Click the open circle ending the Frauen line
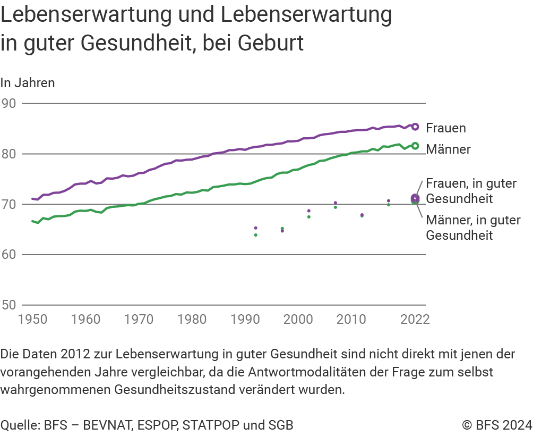click(415, 127)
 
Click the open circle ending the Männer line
click(415, 146)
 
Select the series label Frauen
click(446, 128)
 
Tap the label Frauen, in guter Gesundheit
click(471, 191)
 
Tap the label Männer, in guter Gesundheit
click(473, 228)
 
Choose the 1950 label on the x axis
click(33, 320)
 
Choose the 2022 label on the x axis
click(415, 320)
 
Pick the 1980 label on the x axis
click(192, 320)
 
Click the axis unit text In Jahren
click(28, 83)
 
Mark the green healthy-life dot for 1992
click(256, 234)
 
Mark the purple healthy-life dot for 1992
click(256, 228)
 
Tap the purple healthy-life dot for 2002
click(309, 211)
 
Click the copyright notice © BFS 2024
click(497, 425)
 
